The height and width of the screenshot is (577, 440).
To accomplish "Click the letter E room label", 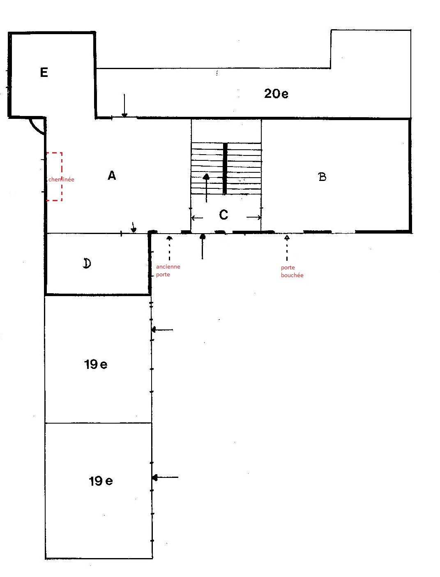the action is [44, 72].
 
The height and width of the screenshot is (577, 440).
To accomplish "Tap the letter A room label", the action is [112, 175].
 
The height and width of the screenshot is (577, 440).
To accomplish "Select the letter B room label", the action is [322, 177].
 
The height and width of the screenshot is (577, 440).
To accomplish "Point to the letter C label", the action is [223, 215].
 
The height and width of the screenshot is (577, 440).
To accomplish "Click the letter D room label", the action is [87, 263].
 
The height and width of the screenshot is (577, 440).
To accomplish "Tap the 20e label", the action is [276, 94].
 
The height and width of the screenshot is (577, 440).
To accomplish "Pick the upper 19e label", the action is [96, 364].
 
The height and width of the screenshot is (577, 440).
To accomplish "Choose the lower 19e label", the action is [101, 481].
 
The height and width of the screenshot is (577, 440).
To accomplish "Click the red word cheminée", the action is [61, 180].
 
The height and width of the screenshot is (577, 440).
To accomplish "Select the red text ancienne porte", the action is [168, 271].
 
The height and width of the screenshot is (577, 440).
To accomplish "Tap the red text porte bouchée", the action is [292, 271].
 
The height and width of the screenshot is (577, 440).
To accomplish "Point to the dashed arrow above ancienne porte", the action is [169, 248].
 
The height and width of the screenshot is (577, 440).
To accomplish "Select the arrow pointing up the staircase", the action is [206, 188].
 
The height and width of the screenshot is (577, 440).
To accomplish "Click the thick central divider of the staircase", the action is [225, 169].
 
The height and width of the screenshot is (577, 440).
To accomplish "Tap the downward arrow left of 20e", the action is [124, 105].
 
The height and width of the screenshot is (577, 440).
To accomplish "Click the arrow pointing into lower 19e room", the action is [165, 477].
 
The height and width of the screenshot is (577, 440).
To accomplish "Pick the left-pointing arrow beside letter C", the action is [197, 218].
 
